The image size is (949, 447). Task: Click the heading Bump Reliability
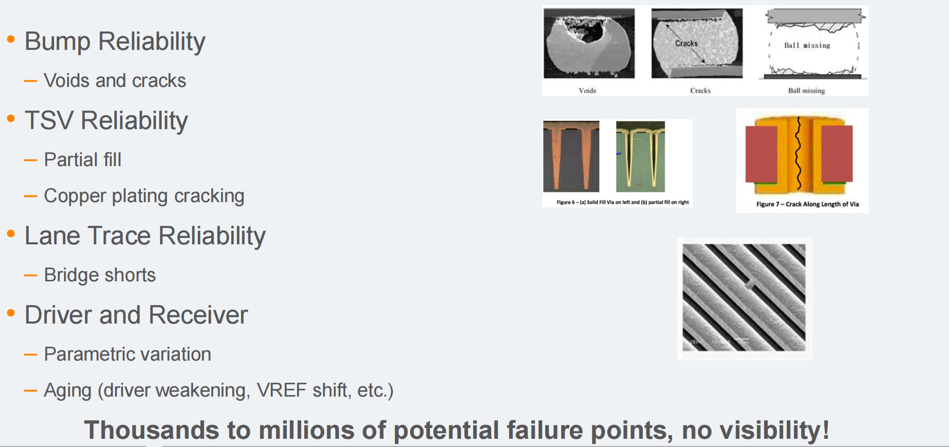[x=115, y=42]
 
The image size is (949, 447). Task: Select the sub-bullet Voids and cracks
[x=115, y=81]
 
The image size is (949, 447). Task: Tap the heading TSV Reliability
[x=106, y=121]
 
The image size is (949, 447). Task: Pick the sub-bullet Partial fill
[x=82, y=159]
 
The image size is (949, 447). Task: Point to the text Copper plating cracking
[x=144, y=196]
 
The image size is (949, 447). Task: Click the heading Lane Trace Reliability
[x=145, y=236]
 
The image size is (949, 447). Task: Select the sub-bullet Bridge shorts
[x=100, y=275]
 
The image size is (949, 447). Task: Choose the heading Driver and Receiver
[x=136, y=315]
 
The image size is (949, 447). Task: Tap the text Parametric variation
[x=128, y=354]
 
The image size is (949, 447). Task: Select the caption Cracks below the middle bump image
[x=700, y=91]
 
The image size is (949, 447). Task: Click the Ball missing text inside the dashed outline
[x=807, y=45]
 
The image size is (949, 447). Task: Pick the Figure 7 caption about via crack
[x=807, y=204]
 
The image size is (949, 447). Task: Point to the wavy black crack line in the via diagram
[x=799, y=153]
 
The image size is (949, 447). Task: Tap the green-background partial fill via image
[x=641, y=157]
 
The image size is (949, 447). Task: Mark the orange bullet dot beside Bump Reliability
[x=11, y=39]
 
